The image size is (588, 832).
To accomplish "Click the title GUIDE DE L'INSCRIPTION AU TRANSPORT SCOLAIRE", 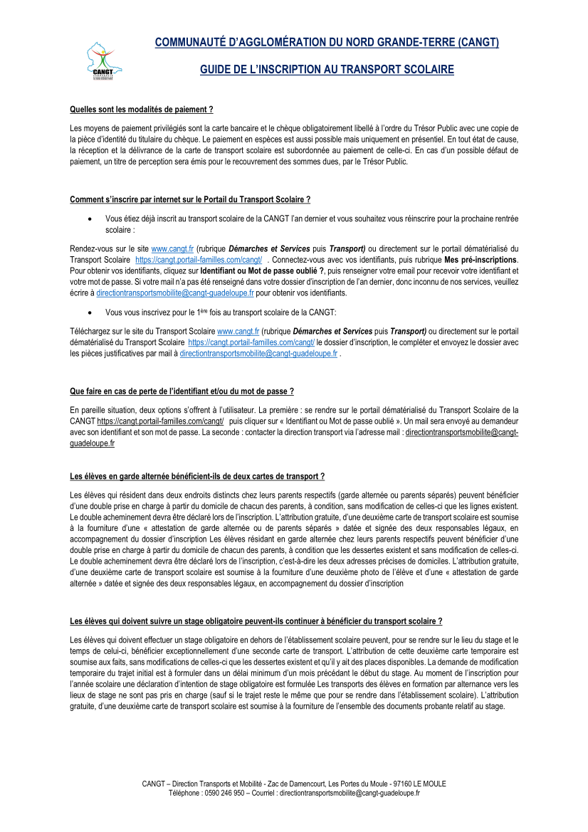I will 327,70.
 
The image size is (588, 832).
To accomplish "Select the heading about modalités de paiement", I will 142,110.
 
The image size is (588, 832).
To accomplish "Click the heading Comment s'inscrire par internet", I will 190,199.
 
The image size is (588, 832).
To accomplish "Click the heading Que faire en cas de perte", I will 182,391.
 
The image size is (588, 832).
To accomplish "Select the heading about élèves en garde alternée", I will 197,475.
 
